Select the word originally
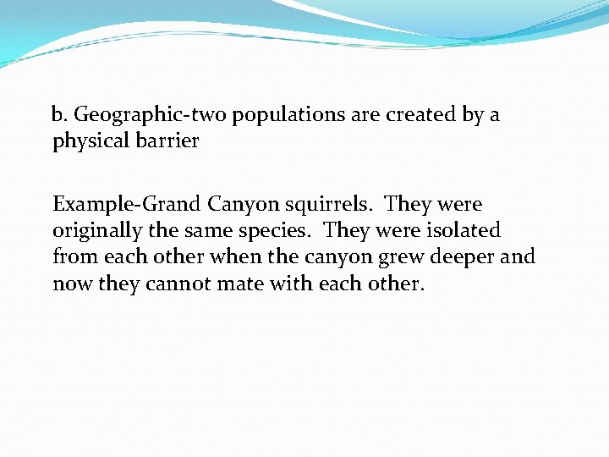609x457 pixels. point(96,231)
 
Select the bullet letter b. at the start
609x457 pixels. point(59,115)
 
